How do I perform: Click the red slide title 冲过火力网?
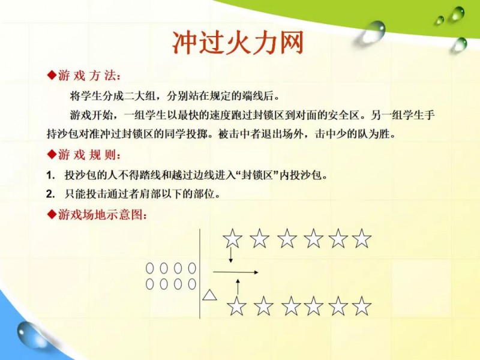238,42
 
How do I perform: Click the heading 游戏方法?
88,76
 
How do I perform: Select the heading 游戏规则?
88,155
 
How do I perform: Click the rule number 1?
50,175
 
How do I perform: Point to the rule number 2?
50,194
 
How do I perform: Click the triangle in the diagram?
209,295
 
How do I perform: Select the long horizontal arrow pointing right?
236,272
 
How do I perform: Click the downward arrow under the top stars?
231,254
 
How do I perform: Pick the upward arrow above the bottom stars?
238,287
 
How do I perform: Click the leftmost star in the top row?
232,238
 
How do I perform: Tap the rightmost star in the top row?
362,238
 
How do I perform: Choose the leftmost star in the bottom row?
236,306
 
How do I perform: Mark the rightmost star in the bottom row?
362,306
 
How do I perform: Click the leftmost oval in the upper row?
149,268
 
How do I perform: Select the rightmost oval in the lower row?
192,284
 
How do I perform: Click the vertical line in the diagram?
200,274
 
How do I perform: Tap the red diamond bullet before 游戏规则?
52,155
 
